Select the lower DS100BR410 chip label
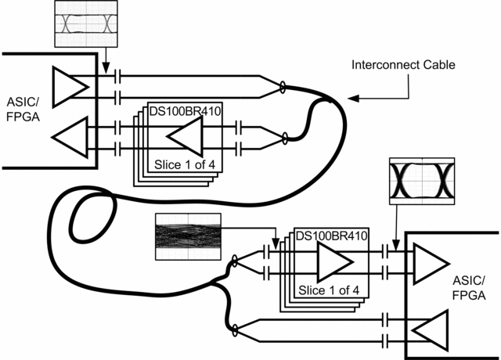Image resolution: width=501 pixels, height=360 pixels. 332,235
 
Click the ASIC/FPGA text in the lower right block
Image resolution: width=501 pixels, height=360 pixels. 469,288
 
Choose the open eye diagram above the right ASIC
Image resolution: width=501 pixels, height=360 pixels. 421,182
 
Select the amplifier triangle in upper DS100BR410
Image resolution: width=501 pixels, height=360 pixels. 185,139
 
